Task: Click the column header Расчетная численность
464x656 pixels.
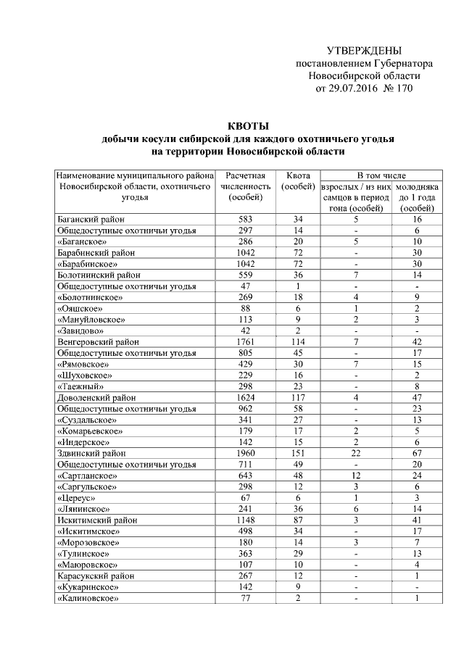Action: click(x=246, y=186)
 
